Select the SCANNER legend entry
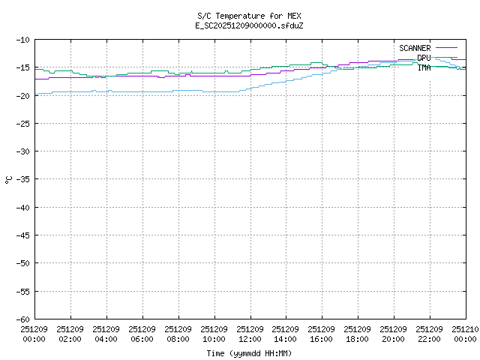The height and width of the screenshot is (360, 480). [x=415, y=48]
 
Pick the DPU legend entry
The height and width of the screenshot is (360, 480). [x=424, y=58]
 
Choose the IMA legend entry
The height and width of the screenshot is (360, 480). [x=424, y=67]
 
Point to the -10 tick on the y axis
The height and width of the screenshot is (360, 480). [x=21, y=40]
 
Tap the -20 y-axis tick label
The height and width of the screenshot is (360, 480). [x=21, y=95]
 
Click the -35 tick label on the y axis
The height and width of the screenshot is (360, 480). [x=21, y=179]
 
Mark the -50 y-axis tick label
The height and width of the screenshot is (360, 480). [x=21, y=263]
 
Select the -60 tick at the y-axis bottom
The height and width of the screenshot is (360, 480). [x=21, y=319]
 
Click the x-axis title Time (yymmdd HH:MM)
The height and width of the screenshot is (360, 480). [x=249, y=353]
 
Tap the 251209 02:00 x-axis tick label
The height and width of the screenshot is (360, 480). [x=70, y=333]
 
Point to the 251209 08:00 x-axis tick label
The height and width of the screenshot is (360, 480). [x=178, y=333]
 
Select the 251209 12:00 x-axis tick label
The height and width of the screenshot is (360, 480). [x=250, y=333]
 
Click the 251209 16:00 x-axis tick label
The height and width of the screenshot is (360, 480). [x=322, y=333]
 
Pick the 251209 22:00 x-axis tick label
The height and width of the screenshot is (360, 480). [x=430, y=333]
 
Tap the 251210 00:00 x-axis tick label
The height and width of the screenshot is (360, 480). [x=465, y=333]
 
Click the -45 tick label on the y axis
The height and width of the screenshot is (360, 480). [x=21, y=235]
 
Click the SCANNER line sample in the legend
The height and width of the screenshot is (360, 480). [x=445, y=48]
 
